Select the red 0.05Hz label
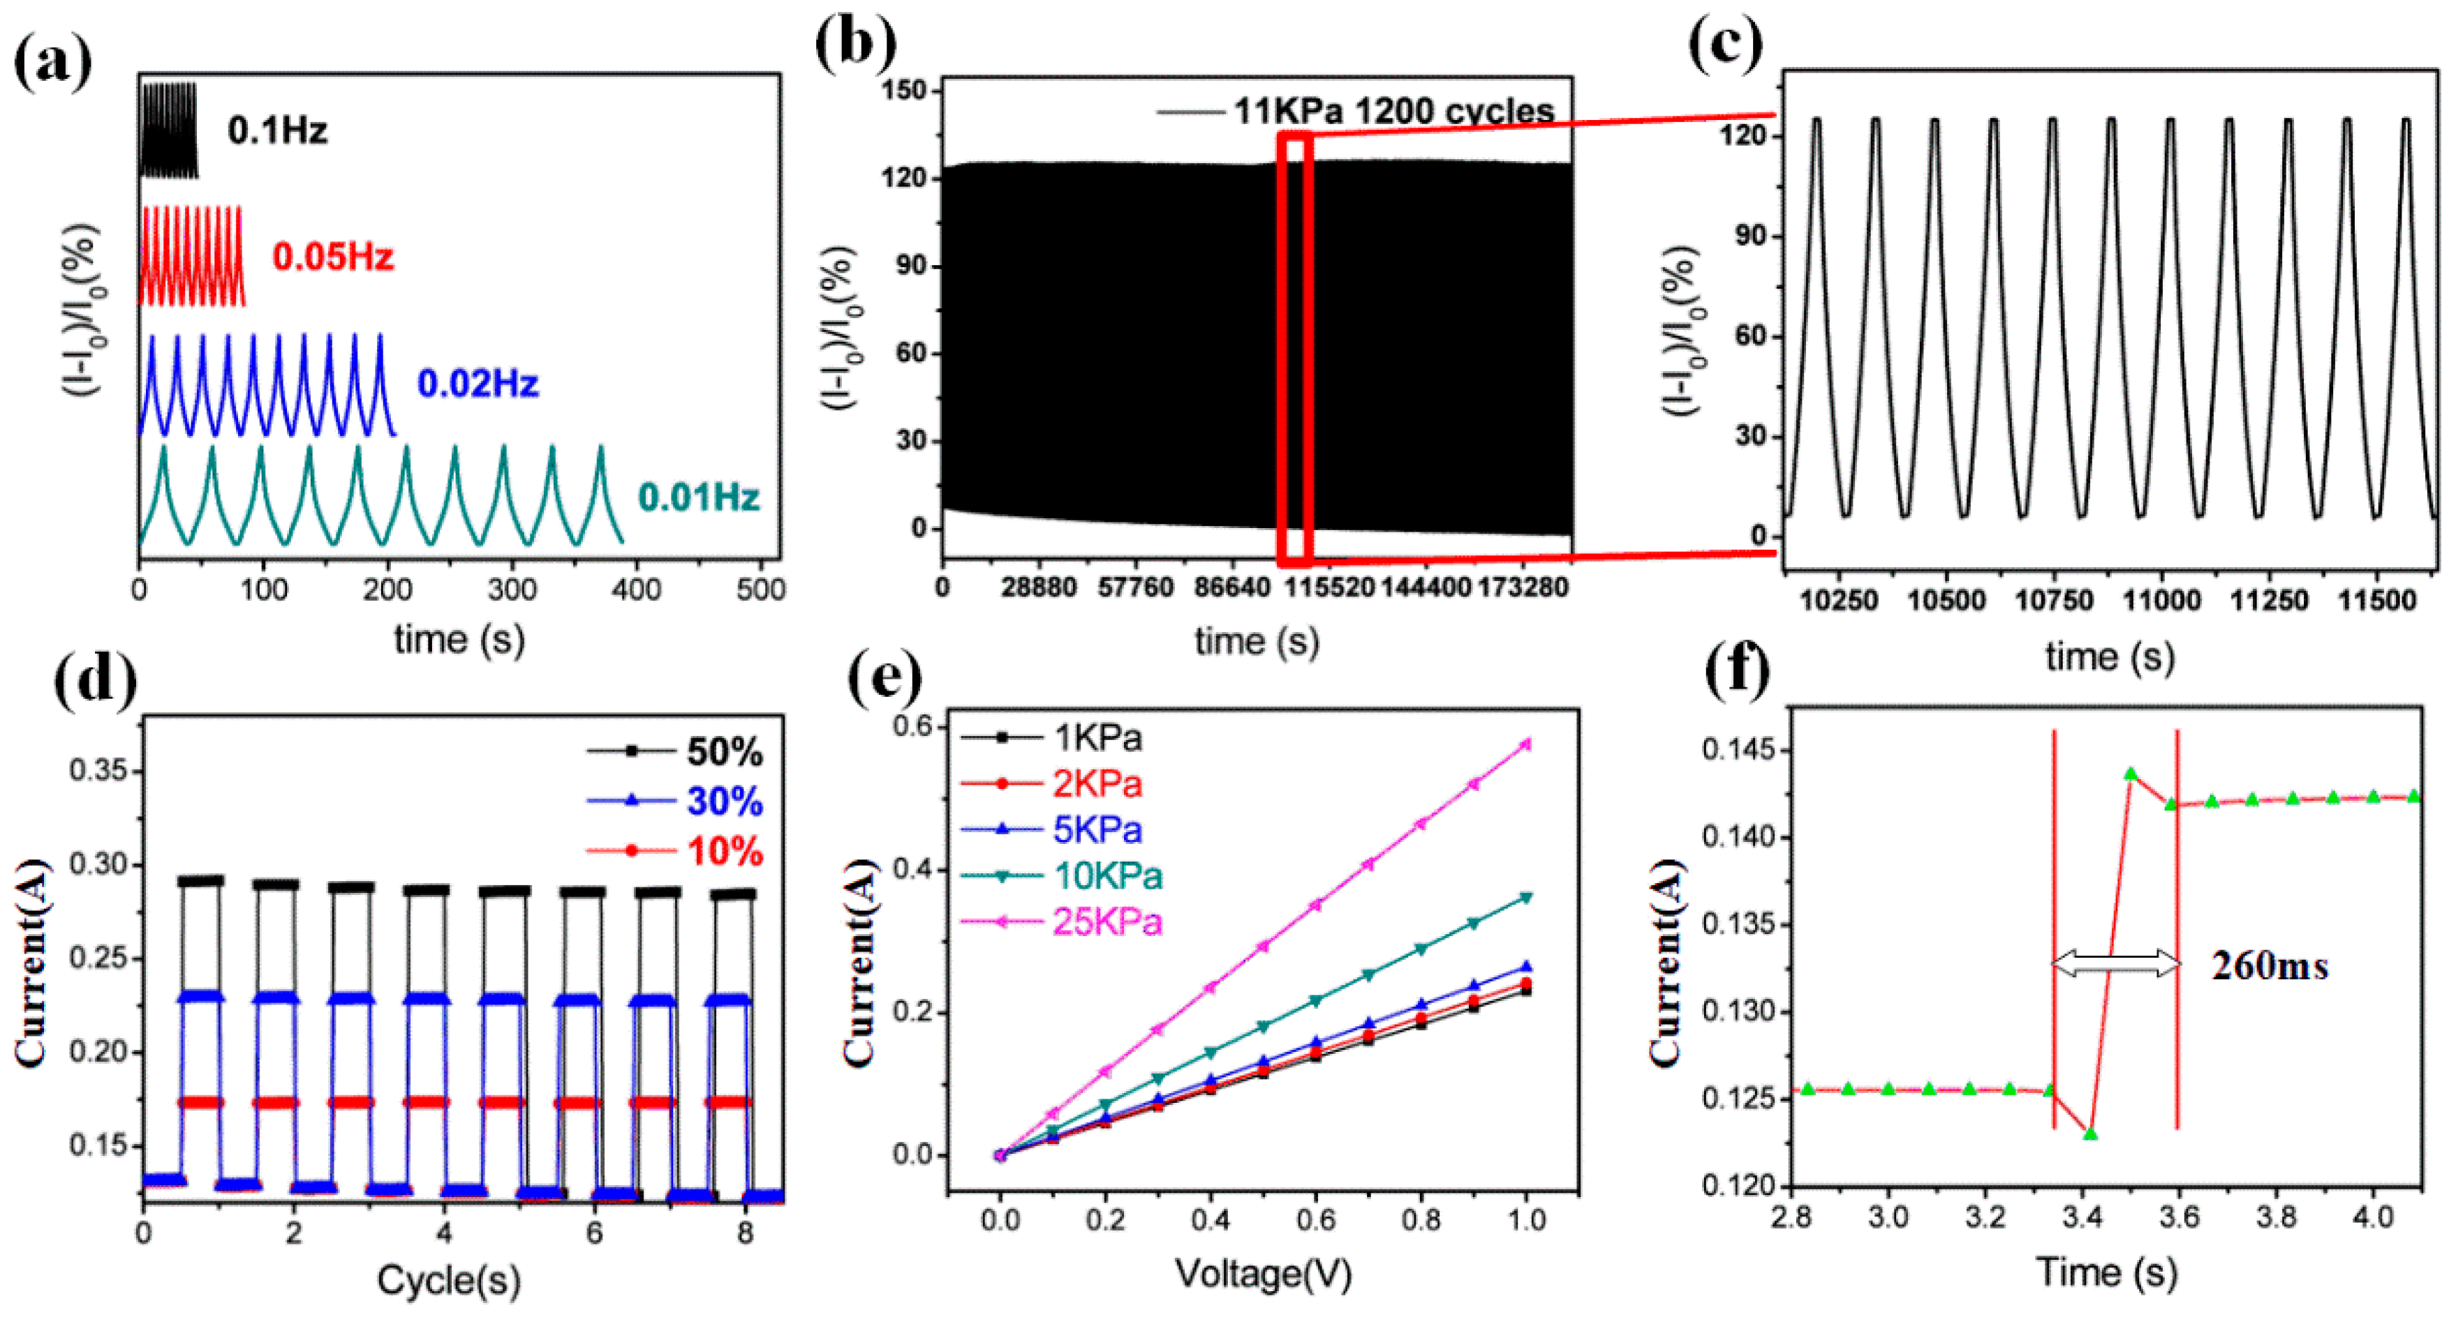[333, 257]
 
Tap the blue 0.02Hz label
[478, 384]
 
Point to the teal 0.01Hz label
[699, 497]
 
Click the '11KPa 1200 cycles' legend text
[1393, 111]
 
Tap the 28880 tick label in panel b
[1038, 587]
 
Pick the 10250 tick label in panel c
[1839, 601]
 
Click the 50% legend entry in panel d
[725, 753]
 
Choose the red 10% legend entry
[725, 852]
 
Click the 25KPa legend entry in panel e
[1107, 921]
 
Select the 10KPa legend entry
[1107, 875]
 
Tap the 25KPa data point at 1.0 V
[1527, 744]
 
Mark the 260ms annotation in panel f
[2270, 966]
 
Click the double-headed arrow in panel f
[2115, 965]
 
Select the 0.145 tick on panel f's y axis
[1738, 751]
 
